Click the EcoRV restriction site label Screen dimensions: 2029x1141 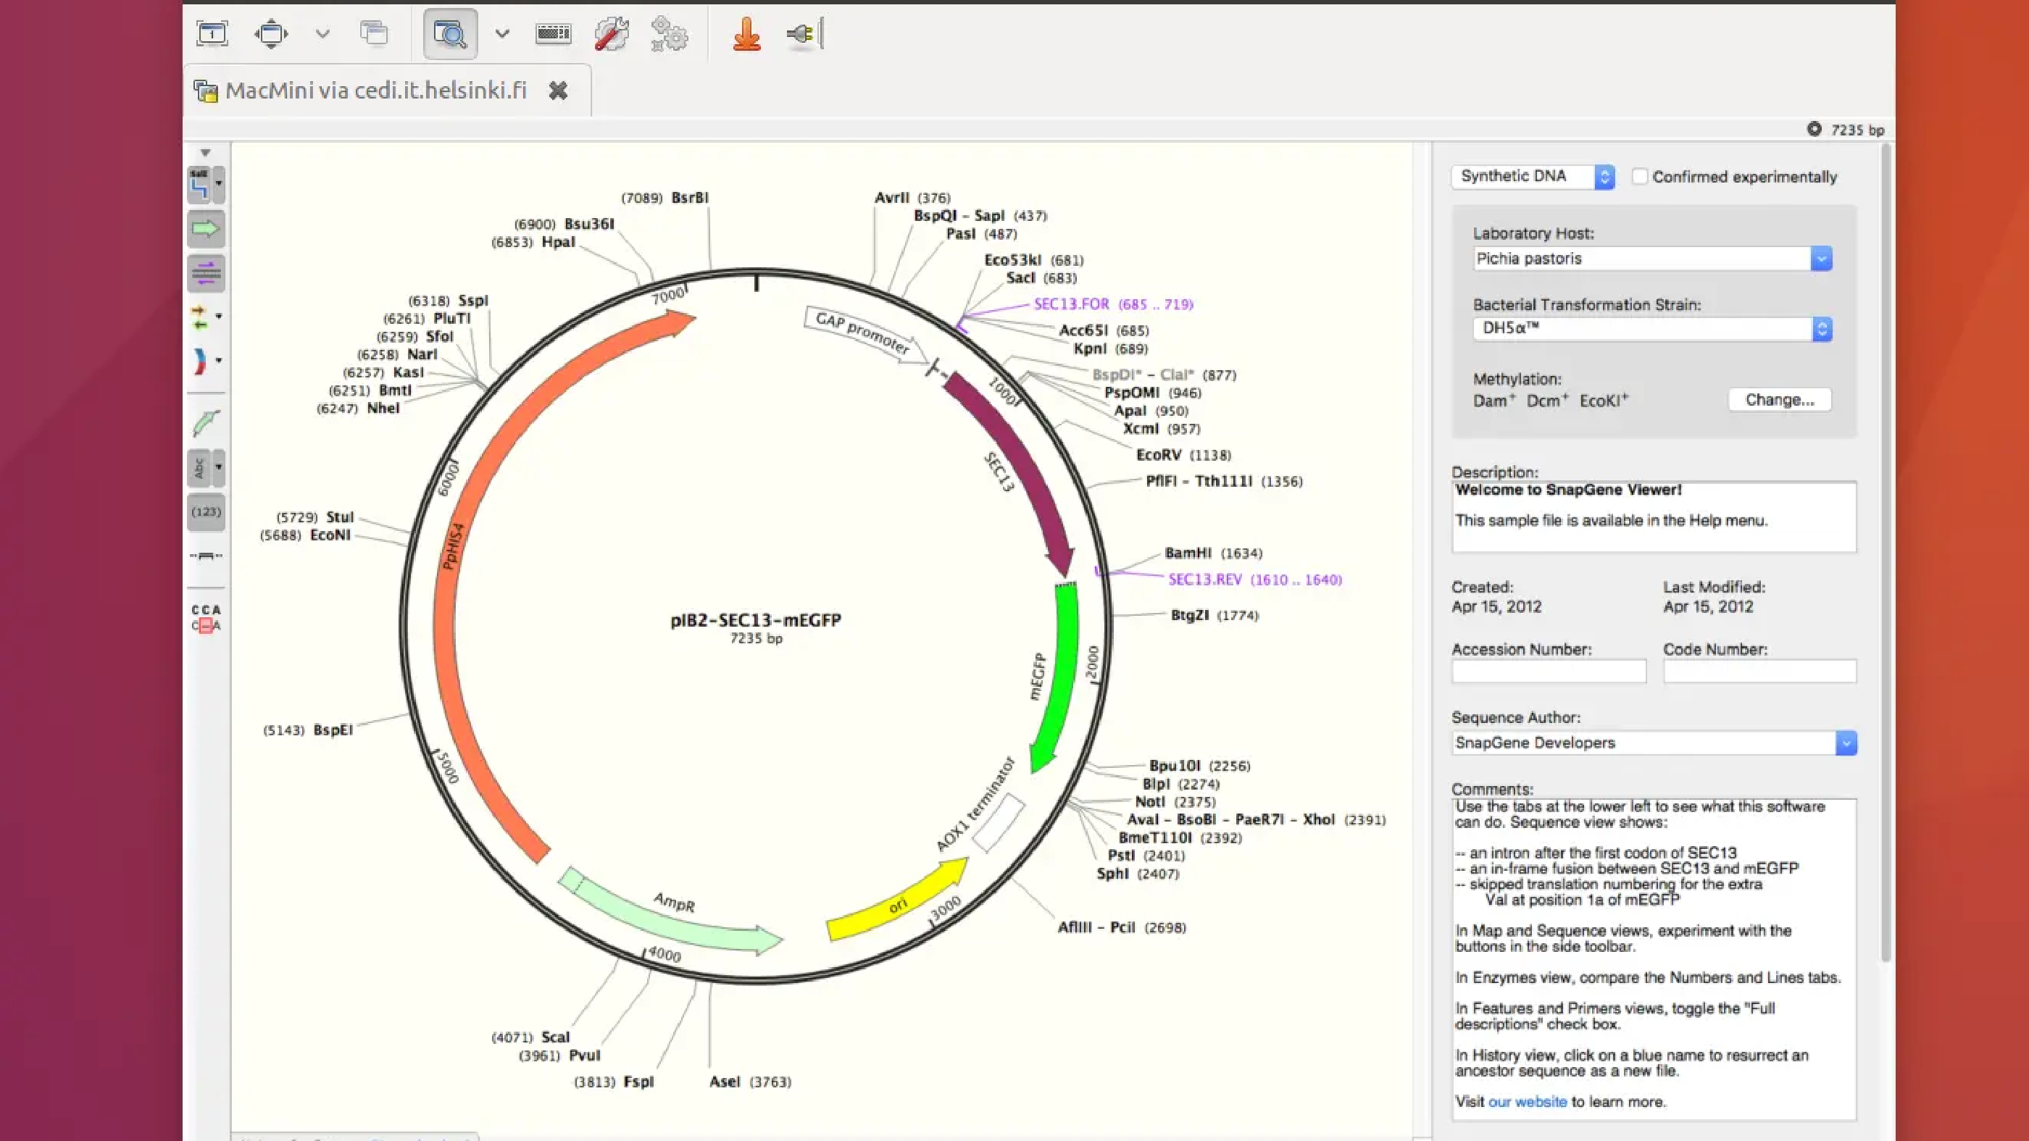point(1158,455)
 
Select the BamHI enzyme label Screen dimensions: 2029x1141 point(1188,553)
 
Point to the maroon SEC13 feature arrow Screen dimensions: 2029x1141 point(1016,464)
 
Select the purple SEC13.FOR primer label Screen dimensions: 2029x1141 point(1071,304)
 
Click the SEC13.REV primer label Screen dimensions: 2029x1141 point(1204,580)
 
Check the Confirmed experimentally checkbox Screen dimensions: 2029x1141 point(1639,176)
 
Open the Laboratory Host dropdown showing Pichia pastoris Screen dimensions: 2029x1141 point(1652,259)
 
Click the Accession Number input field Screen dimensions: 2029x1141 point(1549,671)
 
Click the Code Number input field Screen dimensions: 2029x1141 point(1759,671)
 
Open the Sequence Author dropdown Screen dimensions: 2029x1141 point(1654,743)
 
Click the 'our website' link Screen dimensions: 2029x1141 point(1528,1102)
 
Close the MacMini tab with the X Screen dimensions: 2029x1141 point(558,91)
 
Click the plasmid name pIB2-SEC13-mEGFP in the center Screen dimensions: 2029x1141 point(755,619)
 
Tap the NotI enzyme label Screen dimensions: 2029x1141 point(1149,802)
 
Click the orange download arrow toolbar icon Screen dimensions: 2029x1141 point(746,34)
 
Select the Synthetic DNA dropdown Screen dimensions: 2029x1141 point(1533,176)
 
